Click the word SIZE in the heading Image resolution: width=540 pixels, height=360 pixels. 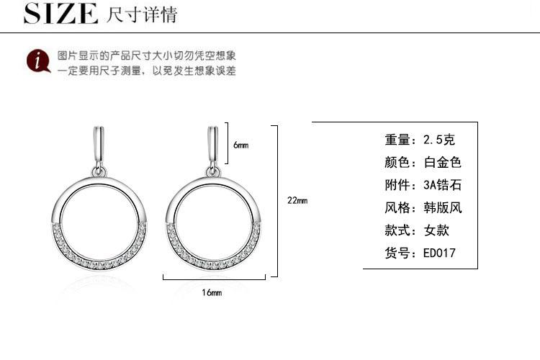point(60,13)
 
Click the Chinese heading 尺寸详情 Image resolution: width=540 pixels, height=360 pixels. point(142,14)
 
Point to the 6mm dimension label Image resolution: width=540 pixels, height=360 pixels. point(240,145)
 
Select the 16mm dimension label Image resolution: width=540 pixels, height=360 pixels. point(212,292)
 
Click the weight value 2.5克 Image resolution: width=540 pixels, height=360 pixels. point(439,140)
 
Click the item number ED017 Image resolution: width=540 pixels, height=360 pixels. point(439,253)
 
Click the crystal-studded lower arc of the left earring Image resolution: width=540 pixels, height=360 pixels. point(100,260)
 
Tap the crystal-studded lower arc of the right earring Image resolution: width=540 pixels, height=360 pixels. point(214,260)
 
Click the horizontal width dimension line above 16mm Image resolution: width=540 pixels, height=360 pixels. point(217,276)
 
